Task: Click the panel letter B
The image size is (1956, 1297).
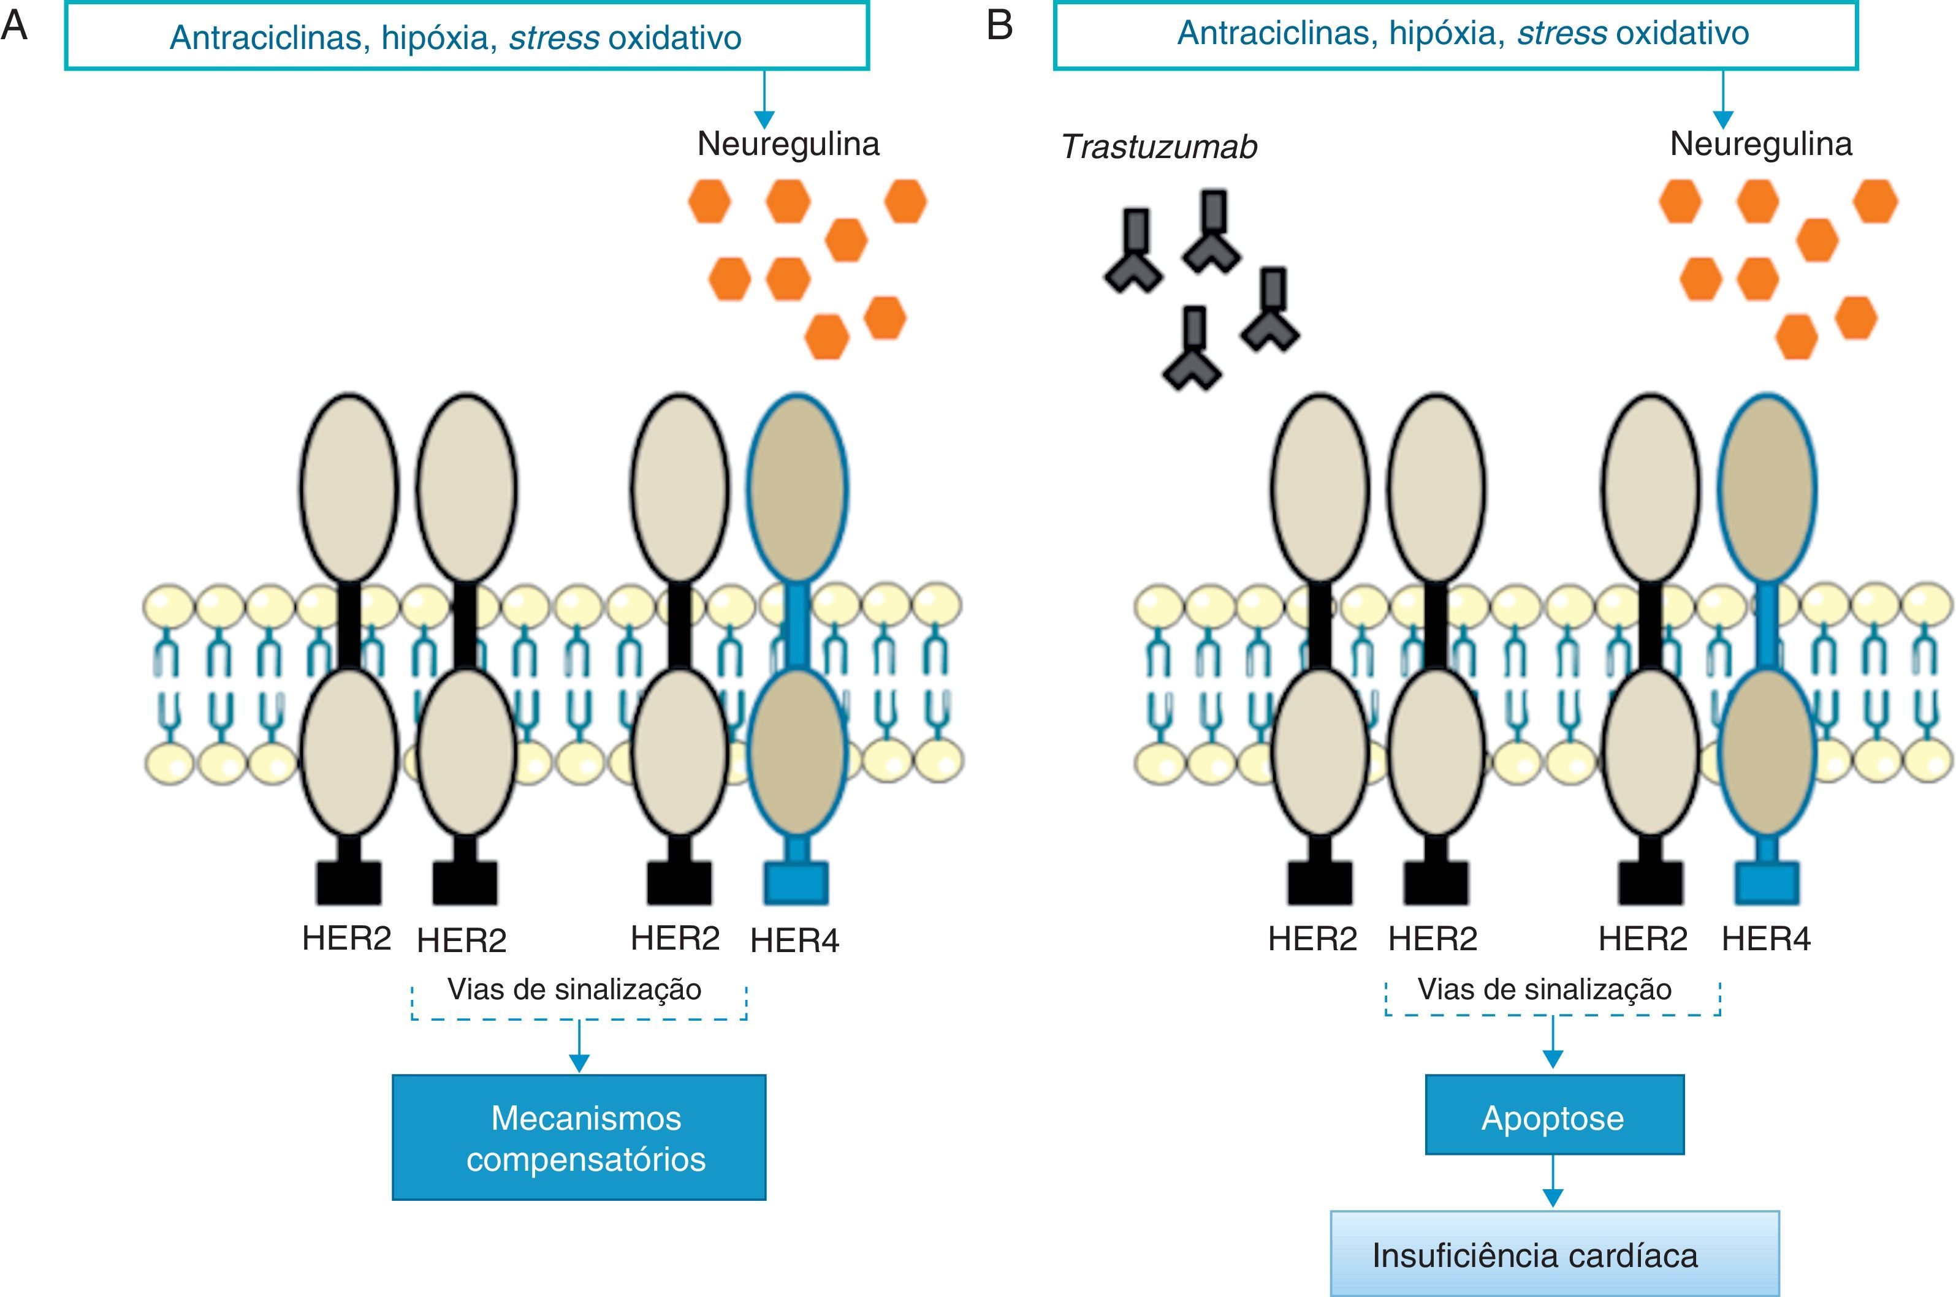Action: coord(1000,25)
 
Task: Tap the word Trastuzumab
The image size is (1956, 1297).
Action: coord(1159,147)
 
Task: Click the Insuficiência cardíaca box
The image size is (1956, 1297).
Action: coord(1553,1254)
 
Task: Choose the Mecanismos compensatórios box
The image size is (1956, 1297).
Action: coord(579,1137)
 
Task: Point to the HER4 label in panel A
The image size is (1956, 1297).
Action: coord(794,940)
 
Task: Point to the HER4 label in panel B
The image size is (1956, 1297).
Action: coord(1766,939)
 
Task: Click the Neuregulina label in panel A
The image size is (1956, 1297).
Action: coord(788,144)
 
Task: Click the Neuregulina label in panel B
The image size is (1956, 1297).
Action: coord(1760,144)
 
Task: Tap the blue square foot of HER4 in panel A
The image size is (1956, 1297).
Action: coord(796,883)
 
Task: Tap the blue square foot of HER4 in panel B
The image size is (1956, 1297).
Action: coord(1767,883)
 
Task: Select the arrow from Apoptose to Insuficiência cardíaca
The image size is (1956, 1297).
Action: coord(1553,1182)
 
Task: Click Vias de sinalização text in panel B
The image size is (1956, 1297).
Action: coord(1544,989)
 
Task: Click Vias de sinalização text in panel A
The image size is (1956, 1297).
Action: coord(574,989)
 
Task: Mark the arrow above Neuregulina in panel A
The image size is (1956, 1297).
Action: coord(764,99)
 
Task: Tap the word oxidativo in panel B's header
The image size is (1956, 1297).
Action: coord(1682,33)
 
